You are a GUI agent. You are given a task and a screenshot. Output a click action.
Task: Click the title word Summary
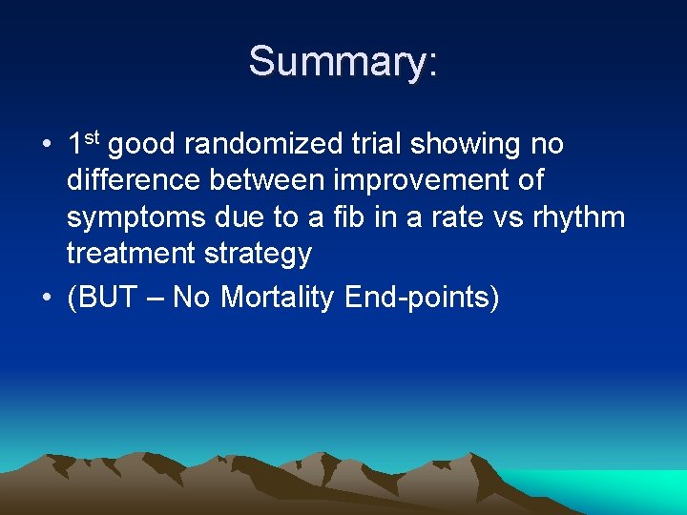coord(339,62)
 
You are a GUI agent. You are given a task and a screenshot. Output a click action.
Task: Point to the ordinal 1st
coord(84,144)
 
